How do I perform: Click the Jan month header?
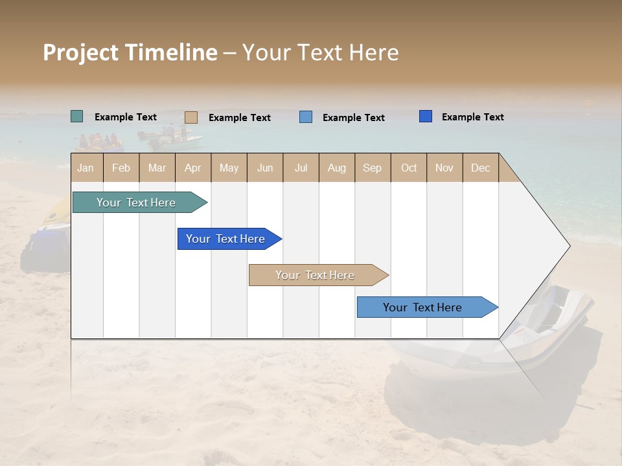(x=86, y=168)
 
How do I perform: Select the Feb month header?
(x=121, y=168)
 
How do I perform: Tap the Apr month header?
(x=193, y=168)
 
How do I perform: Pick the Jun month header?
(x=265, y=168)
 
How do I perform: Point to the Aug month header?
(x=337, y=168)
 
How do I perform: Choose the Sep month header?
(x=373, y=168)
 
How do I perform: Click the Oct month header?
(x=409, y=168)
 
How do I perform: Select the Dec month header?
(x=481, y=168)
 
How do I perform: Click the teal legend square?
(x=77, y=116)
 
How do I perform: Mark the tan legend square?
(x=191, y=117)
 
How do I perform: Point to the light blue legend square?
(x=306, y=117)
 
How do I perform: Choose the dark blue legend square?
(x=426, y=116)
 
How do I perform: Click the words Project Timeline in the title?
(x=130, y=52)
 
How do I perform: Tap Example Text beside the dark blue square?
(x=473, y=117)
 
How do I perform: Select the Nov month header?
(x=444, y=168)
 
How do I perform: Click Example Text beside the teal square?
(x=126, y=117)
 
